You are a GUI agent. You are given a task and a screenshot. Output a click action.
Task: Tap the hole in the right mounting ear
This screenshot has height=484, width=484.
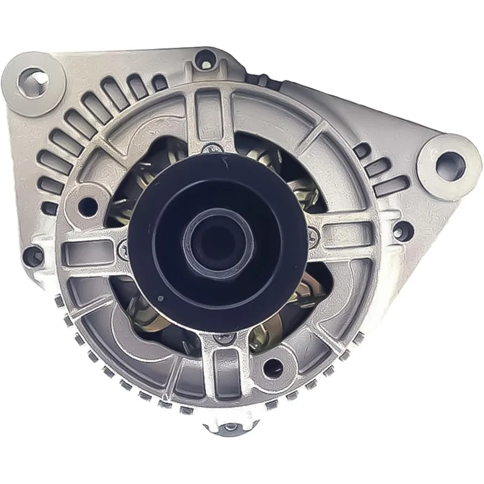tap(448, 160)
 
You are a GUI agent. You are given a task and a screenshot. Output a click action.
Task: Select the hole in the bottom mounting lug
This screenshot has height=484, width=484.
tap(230, 428)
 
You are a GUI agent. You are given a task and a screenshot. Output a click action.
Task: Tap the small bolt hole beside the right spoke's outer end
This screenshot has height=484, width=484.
tap(400, 229)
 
